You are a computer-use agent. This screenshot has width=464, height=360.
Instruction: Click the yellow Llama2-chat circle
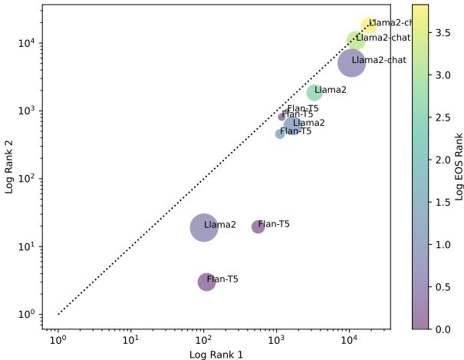[x=369, y=26]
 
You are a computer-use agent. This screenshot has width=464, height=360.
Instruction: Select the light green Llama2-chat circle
[x=356, y=40]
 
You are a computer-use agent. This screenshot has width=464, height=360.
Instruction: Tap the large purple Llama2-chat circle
[x=352, y=63]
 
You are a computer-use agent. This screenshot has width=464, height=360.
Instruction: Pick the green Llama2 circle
[x=314, y=92]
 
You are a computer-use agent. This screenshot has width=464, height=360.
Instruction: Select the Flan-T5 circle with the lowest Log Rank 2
[x=206, y=282]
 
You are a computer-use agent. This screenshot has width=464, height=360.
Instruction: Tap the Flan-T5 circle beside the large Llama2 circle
[x=258, y=226]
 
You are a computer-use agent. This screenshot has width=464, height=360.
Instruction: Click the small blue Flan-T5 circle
[x=280, y=134]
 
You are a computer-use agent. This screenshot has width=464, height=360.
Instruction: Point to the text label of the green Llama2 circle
[x=331, y=90]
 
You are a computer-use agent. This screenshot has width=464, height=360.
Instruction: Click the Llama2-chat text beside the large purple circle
[x=379, y=60]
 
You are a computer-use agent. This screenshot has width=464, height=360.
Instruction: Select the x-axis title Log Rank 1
[x=217, y=353]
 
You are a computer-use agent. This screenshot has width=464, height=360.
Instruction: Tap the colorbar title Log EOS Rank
[x=458, y=166]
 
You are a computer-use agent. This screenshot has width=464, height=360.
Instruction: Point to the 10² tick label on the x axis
[x=203, y=339]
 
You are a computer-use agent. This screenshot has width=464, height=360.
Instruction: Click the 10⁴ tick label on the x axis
[x=349, y=339]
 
